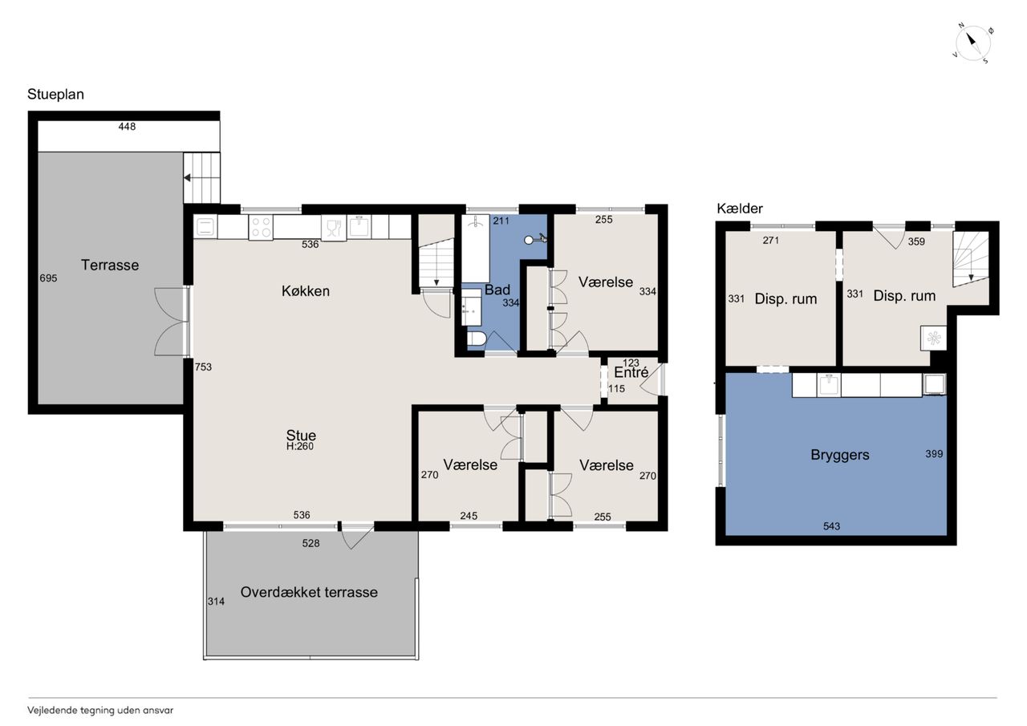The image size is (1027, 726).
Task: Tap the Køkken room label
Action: click(306, 290)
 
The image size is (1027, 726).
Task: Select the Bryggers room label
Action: click(840, 455)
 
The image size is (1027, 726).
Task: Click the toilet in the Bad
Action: click(477, 339)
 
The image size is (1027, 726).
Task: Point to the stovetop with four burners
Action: click(261, 227)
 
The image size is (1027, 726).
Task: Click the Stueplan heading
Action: click(55, 95)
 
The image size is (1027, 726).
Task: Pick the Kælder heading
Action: click(740, 209)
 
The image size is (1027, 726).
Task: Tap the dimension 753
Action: click(203, 367)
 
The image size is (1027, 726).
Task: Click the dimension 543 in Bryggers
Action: click(831, 526)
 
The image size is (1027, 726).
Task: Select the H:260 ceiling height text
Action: click(300, 446)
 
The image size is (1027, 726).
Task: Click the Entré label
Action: click(631, 372)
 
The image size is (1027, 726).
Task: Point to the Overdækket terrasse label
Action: click(309, 592)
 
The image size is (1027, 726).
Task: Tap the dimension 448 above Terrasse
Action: click(127, 127)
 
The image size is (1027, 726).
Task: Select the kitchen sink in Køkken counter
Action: click(359, 227)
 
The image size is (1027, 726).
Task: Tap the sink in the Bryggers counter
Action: click(829, 385)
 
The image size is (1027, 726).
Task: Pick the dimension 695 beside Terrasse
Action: click(48, 278)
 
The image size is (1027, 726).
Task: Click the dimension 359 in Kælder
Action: click(916, 241)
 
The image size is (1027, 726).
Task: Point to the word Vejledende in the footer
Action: click(52, 711)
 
